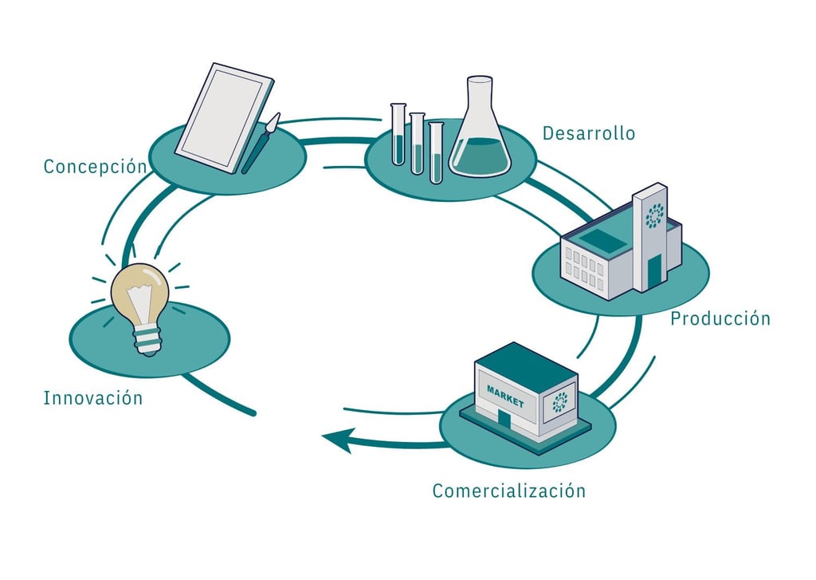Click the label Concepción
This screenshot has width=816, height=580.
point(95,167)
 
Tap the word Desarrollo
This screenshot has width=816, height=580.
point(589,133)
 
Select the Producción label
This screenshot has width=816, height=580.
point(720,318)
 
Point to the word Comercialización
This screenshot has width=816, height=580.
point(508,491)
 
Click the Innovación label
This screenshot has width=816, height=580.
point(93,397)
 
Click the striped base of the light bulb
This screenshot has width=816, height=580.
point(147,341)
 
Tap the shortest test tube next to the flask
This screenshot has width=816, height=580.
point(435,152)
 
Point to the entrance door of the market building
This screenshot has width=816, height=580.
point(504,420)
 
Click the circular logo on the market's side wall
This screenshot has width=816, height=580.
point(560,402)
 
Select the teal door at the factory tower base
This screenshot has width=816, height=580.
point(654,272)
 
